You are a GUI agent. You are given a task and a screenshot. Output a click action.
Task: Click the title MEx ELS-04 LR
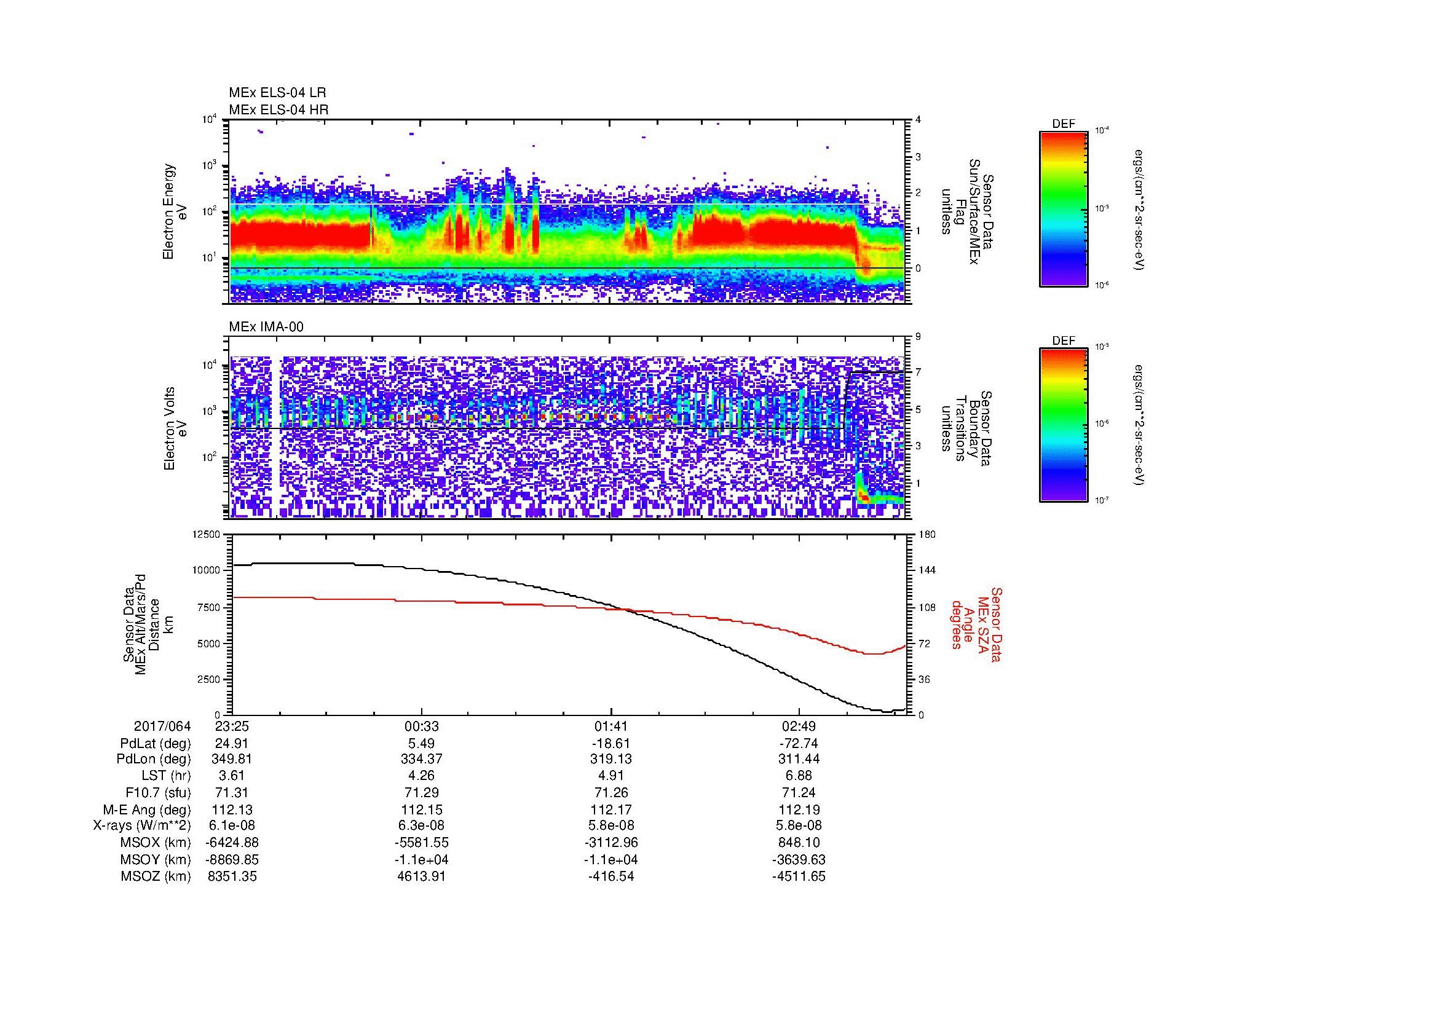[x=277, y=93]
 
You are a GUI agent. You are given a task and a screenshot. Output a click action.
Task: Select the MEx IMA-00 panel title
[x=266, y=327]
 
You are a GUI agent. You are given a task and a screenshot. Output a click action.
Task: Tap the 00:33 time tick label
[x=422, y=727]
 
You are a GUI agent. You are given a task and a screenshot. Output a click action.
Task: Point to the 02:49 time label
[x=799, y=727]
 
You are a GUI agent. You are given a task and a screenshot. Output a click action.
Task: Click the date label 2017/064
[x=162, y=727]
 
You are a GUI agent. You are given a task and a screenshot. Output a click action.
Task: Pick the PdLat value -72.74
[x=799, y=744]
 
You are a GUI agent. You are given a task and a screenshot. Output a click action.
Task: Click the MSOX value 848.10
[x=799, y=843]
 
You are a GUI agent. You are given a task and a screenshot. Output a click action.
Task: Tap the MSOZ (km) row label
[x=156, y=876]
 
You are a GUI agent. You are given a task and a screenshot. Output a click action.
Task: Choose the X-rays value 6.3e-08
[x=422, y=825]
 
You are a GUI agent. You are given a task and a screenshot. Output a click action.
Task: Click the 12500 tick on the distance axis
[x=207, y=535]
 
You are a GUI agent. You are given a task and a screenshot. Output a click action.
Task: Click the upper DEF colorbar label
[x=1063, y=124]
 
